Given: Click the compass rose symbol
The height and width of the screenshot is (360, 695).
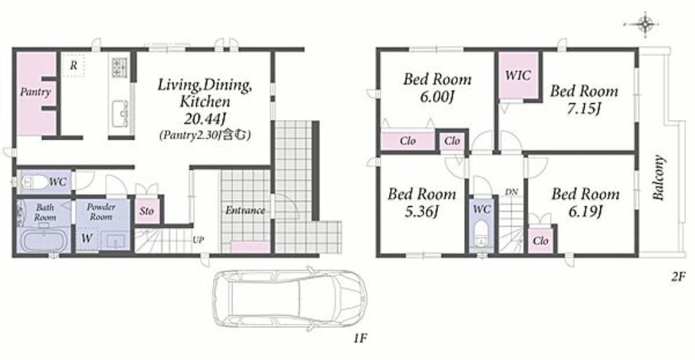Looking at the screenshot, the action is [x=645, y=24].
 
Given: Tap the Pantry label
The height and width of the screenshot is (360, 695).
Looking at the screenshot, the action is [x=36, y=92].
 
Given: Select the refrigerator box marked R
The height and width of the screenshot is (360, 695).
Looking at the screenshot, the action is [x=74, y=65].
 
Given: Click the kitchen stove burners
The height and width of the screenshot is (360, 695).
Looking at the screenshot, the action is [x=119, y=67].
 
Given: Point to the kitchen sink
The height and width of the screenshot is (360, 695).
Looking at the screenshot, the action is [x=120, y=114].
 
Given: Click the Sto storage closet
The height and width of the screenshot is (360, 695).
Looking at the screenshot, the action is [x=147, y=211].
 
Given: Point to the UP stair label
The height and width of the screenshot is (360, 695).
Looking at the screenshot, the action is [x=198, y=240].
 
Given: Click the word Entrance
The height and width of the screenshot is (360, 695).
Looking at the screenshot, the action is [x=245, y=211].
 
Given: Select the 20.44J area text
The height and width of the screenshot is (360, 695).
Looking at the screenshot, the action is [x=204, y=119].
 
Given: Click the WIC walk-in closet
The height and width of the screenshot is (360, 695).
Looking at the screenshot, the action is [x=517, y=76].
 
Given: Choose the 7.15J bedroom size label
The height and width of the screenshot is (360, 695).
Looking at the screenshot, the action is [x=584, y=109].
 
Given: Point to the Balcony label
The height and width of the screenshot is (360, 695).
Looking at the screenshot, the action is [x=658, y=177].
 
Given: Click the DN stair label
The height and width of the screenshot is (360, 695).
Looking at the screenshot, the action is [x=511, y=192].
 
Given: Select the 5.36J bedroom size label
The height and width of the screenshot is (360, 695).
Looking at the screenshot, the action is [x=421, y=212].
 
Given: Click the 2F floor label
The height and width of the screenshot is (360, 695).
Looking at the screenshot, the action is [x=677, y=277].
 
